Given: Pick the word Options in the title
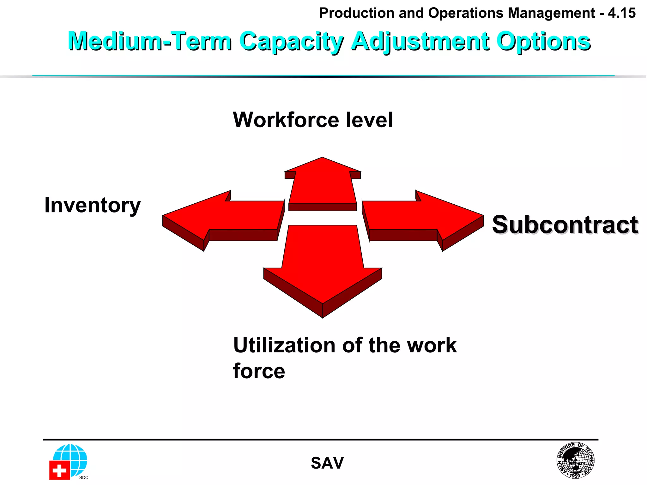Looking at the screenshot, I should (x=543, y=41).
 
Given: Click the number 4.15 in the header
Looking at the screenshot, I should (x=622, y=13).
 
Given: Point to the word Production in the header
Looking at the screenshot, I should (x=356, y=13).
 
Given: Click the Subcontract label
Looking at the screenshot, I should (x=565, y=225).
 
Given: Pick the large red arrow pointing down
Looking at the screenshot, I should (x=323, y=268).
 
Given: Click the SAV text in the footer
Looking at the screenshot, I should (x=327, y=463).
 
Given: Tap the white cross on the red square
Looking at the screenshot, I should (x=59, y=470).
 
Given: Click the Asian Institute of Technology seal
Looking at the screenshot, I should (x=575, y=460).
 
